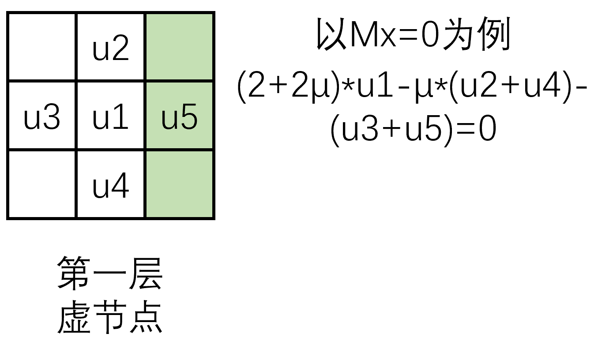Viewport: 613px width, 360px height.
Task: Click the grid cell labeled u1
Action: tap(111, 115)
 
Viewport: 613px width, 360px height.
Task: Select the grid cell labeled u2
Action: tap(111, 46)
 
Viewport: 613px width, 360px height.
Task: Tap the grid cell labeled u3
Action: tap(42, 115)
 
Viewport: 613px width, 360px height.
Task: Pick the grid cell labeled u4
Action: tap(111, 184)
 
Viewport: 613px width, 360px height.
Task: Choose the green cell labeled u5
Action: tap(180, 115)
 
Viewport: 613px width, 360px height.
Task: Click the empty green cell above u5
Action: tap(180, 46)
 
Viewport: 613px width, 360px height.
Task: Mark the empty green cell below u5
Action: tap(180, 184)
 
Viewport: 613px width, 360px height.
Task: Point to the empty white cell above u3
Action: tap(42, 46)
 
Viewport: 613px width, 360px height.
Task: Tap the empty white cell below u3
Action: tap(42, 184)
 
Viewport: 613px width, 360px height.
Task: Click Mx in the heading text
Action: tap(373, 35)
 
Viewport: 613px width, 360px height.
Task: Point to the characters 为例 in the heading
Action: tap(477, 34)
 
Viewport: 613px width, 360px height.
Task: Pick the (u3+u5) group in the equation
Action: tap(391, 131)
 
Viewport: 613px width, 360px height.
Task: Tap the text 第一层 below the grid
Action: tap(110, 273)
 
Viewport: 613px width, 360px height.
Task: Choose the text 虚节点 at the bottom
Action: tap(110, 316)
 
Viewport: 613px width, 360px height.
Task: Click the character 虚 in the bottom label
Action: tap(74, 316)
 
